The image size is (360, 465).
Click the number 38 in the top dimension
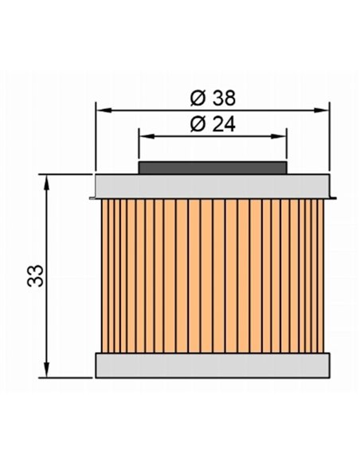point(224,98)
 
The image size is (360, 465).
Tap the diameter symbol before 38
point(199,98)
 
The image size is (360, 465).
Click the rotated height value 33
point(34,275)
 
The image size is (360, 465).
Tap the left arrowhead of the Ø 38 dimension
point(101,107)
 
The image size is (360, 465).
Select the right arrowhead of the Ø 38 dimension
point(323,107)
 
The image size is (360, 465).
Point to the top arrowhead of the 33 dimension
point(48,178)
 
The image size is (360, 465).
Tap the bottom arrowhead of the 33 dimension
point(48,370)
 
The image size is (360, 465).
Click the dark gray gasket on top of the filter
point(212,167)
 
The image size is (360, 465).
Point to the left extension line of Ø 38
point(96,143)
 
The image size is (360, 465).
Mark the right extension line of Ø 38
point(328,143)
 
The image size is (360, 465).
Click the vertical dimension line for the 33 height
point(48,239)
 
